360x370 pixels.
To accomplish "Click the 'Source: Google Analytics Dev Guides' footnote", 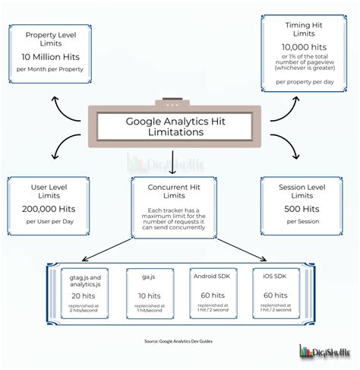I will pos(179,341).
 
